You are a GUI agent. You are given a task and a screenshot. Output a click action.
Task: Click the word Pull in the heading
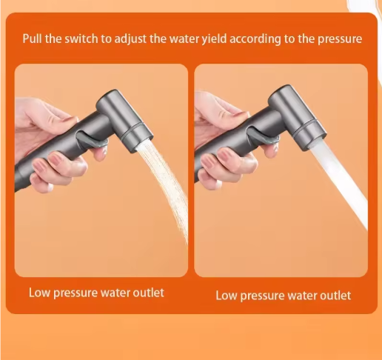point(33,39)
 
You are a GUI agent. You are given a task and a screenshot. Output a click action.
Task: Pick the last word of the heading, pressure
point(339,39)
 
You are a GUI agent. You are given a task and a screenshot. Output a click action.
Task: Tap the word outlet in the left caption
point(147,292)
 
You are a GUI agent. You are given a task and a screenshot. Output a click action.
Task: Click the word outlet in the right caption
point(334,296)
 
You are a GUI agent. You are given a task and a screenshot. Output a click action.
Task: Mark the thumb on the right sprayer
point(229,119)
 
